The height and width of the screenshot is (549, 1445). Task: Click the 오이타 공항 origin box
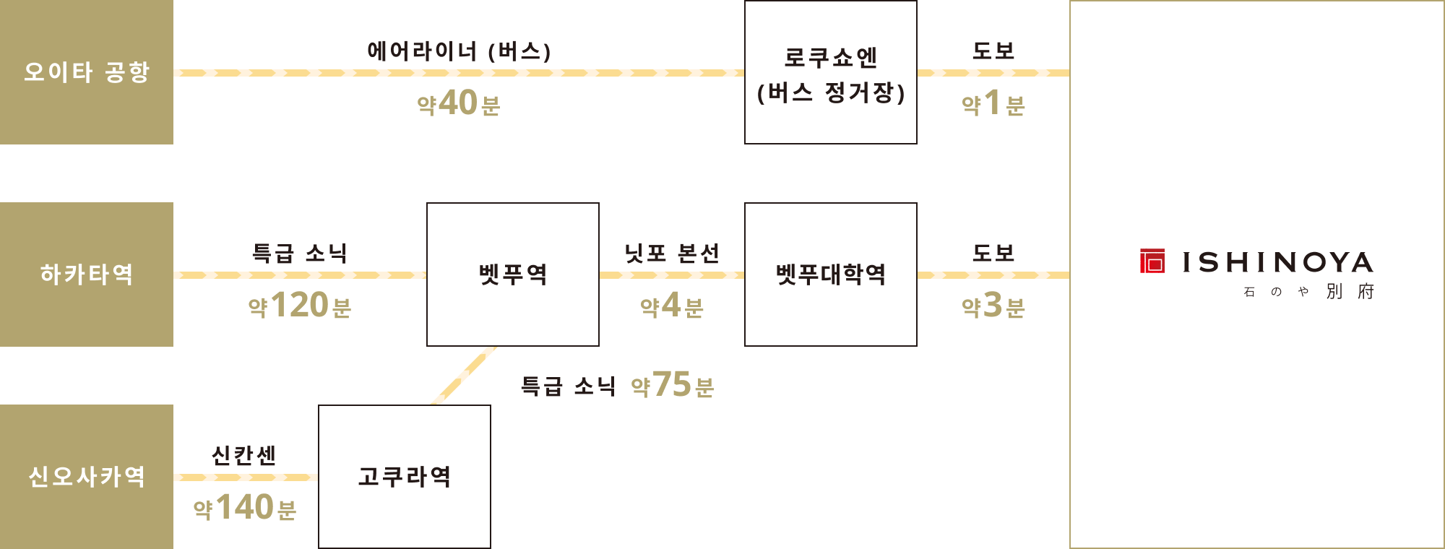87,72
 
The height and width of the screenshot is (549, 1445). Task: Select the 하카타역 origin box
87,274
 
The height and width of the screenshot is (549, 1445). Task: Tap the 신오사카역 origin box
87,477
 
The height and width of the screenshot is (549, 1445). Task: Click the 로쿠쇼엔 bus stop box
831,72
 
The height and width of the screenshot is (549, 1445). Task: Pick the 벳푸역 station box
513,274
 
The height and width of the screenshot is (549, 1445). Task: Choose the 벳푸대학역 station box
831,274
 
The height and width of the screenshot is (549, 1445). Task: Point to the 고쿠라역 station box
405,477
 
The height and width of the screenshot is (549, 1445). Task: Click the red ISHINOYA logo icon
1152,261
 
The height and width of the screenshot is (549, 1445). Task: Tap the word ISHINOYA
1278,262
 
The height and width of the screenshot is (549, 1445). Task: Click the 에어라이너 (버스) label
460,51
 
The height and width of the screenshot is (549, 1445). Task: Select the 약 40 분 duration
459,103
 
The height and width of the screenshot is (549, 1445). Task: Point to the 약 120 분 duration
300,306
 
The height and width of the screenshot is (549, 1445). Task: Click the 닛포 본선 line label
672,254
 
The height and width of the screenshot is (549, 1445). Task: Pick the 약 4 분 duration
672,306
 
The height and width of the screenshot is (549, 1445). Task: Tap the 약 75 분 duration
673,385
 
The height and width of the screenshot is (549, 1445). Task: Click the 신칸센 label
244,456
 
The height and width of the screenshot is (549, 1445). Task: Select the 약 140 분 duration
245,508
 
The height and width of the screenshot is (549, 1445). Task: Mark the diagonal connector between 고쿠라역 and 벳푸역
464,376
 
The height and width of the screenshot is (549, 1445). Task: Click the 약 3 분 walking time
993,306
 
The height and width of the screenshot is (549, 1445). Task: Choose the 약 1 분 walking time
993,103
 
